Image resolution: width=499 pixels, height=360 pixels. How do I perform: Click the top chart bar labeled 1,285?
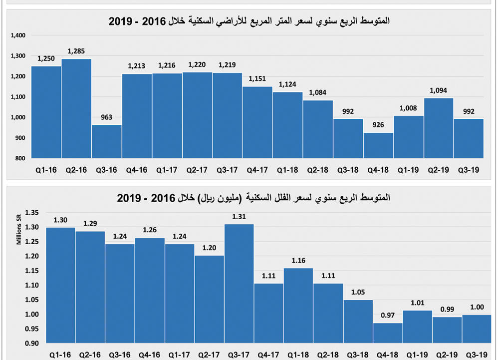[x=76, y=108]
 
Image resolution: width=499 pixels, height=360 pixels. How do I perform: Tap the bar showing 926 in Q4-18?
[x=378, y=145]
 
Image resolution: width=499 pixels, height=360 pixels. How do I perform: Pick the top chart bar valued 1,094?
[x=439, y=128]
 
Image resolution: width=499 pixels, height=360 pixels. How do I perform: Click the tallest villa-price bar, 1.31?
[x=239, y=284]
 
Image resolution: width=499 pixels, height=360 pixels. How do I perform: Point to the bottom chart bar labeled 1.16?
[x=298, y=306]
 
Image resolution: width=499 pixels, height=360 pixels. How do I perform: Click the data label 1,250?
[x=46, y=59]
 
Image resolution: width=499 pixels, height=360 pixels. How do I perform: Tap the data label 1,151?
[x=257, y=78]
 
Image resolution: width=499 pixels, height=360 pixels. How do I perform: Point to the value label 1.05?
[x=358, y=292]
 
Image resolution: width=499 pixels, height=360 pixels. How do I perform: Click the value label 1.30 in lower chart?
[x=61, y=220]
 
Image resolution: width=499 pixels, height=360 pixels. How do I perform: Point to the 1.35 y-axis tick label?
[x=31, y=213]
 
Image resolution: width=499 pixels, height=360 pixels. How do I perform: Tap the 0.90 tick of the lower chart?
[x=31, y=344]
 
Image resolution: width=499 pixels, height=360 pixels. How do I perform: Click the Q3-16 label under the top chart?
[x=107, y=170]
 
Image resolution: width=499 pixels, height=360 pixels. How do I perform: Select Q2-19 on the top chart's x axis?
[x=439, y=170]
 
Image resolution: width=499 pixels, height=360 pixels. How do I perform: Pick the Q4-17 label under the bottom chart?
[x=268, y=355]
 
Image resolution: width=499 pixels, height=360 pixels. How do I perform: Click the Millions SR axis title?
[x=19, y=230]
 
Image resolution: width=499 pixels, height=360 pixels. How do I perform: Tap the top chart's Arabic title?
[x=249, y=21]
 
